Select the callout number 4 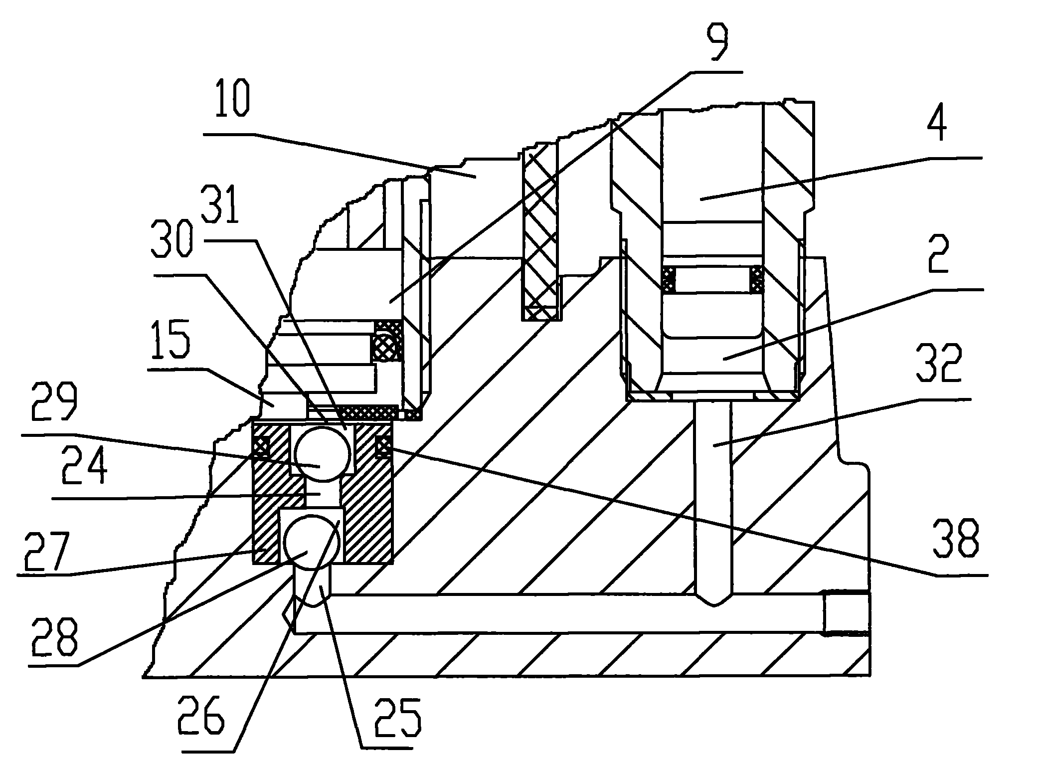tap(936, 128)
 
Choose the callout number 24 tap(85, 466)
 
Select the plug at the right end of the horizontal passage tap(846, 613)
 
